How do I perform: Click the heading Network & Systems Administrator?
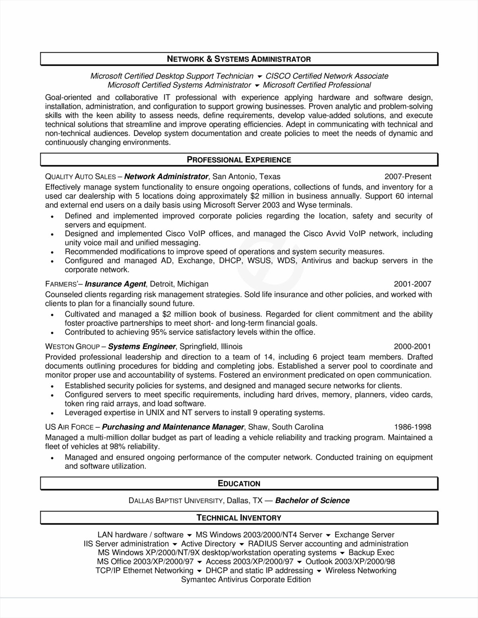coord(239,59)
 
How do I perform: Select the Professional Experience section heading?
coord(239,160)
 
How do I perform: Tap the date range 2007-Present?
coord(408,177)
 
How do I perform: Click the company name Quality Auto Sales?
coord(81,177)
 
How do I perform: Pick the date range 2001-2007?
coord(412,284)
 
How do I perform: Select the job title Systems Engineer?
coord(142,346)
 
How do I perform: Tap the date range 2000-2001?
coord(412,346)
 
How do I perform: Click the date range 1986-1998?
coord(412,427)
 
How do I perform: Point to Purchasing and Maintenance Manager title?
coord(173,427)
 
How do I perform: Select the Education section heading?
coord(239,484)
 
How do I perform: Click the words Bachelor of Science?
coord(312,501)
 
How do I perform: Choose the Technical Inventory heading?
coord(239,518)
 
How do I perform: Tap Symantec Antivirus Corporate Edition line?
coord(246,579)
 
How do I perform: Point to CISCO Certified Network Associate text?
coord(327,76)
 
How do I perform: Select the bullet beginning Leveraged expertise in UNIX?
coord(195,412)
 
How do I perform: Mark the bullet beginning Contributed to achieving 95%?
coord(190,332)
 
